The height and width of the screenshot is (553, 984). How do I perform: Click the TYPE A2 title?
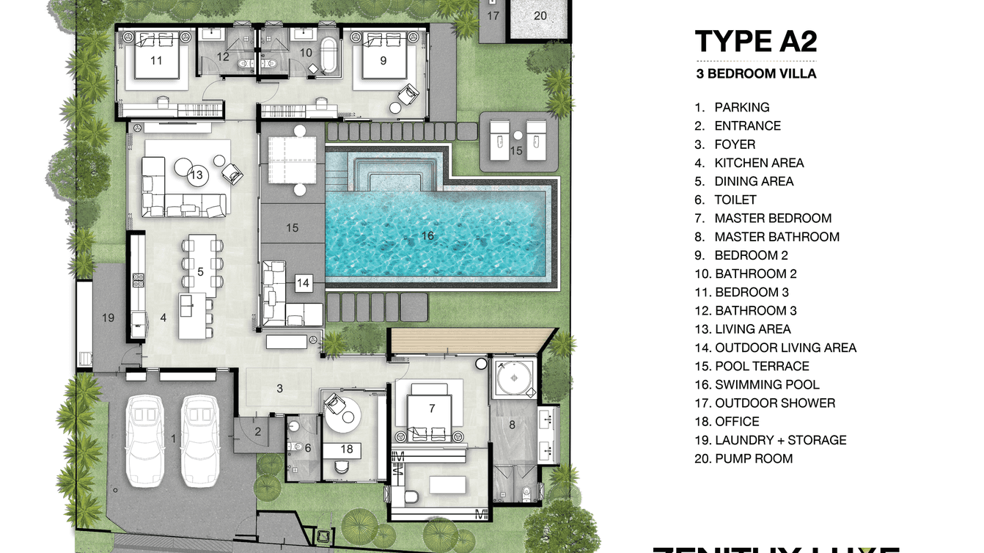coord(755,42)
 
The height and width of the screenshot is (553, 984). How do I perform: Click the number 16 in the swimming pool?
coord(427,235)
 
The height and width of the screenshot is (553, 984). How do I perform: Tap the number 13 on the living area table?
coord(196,175)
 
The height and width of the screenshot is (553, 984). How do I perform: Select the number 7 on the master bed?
coord(432,408)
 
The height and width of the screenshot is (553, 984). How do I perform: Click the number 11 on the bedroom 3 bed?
coord(156,61)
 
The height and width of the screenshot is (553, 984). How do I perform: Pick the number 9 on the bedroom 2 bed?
coord(383,61)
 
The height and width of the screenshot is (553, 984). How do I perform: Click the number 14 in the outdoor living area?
coord(303,282)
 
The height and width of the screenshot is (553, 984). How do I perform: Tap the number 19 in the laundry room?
coord(109,318)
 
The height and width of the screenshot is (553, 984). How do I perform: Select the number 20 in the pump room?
coord(540,15)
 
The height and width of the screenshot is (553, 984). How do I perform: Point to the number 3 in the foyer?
coord(279,388)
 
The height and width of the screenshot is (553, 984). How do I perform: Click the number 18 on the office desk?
coord(347,449)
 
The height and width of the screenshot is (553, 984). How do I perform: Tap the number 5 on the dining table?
coord(200,271)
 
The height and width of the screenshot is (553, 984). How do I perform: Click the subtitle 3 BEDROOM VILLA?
coord(755,73)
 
